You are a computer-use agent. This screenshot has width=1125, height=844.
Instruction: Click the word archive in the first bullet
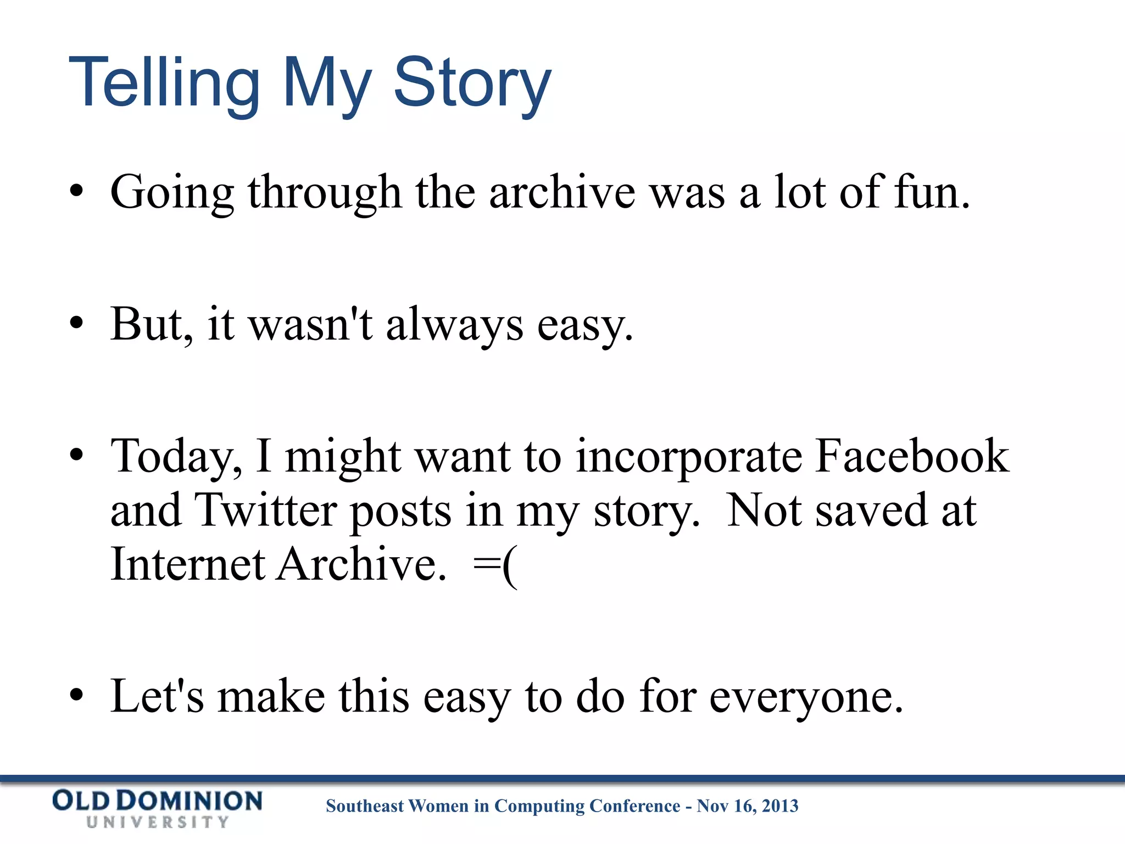[561, 192]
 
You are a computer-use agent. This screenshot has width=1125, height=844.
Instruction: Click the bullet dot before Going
[76, 192]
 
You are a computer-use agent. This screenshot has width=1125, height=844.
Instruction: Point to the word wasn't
[311, 324]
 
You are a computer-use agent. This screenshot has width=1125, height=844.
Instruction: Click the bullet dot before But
[76, 324]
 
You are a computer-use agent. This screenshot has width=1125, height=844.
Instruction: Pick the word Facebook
[912, 456]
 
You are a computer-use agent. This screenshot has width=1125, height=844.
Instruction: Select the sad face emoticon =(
[494, 566]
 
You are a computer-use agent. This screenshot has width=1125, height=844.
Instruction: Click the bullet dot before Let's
[76, 697]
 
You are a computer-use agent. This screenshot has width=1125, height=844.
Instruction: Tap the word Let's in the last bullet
[157, 697]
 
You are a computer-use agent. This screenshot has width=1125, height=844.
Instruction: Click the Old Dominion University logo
[157, 808]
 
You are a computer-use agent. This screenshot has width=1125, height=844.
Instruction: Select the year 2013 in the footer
[780, 806]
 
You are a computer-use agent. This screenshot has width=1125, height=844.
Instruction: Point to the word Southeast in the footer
[365, 806]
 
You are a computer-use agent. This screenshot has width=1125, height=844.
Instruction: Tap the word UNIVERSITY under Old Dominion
[157, 822]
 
